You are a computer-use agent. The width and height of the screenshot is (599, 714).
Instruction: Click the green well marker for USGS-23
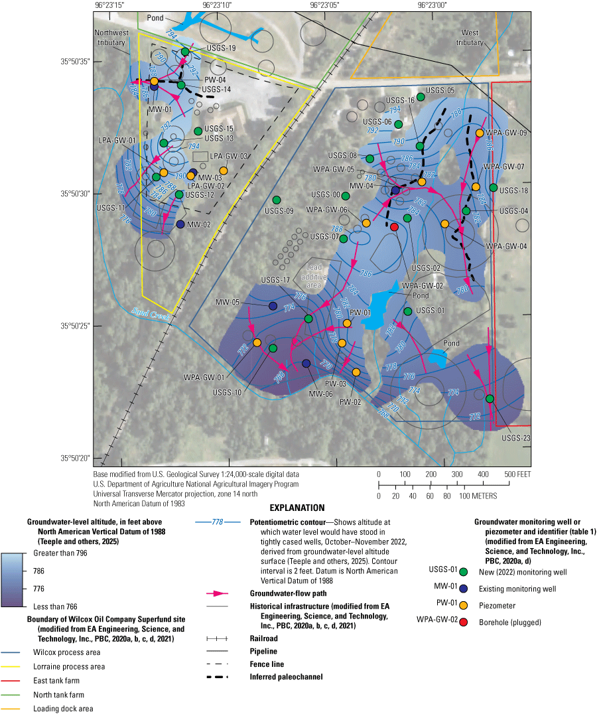click(x=490, y=399)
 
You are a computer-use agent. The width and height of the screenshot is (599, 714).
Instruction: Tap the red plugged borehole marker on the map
click(x=394, y=227)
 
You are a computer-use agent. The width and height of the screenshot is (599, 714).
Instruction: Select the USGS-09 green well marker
click(x=277, y=200)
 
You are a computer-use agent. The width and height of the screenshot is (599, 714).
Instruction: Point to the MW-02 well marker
click(x=180, y=224)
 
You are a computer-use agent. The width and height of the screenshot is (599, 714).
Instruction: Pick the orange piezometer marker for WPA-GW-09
click(x=480, y=133)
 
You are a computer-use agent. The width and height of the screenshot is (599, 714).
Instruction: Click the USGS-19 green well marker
click(x=185, y=51)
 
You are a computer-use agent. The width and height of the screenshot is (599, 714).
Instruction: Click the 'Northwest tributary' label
click(x=109, y=37)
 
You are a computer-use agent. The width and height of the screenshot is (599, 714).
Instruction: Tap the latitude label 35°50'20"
click(x=73, y=458)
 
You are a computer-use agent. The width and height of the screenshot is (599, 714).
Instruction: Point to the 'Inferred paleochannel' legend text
click(x=286, y=677)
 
